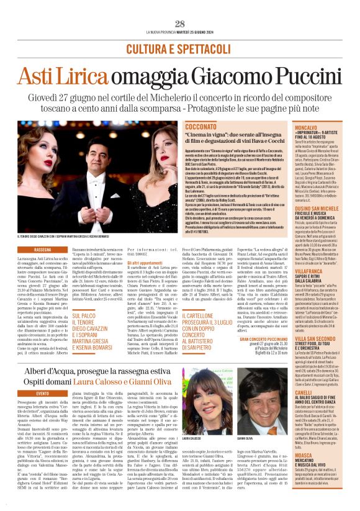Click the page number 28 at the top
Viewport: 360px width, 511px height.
(x=179, y=24)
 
